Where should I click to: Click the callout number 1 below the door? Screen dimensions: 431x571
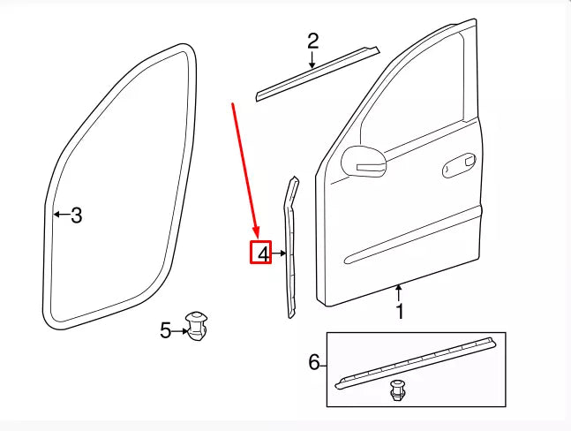pos(399,312)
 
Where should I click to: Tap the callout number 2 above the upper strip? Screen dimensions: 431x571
pos(312,41)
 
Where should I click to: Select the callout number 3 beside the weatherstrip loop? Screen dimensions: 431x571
pos(77,215)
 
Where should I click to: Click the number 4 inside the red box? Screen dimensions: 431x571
pos(262,254)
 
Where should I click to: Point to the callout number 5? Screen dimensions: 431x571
pos(166,330)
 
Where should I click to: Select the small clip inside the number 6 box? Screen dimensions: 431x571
pos(398,389)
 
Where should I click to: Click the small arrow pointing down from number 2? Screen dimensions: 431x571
pos(312,61)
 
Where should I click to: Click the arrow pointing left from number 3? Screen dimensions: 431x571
pos(59,215)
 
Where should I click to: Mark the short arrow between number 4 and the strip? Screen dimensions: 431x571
pos(279,254)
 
